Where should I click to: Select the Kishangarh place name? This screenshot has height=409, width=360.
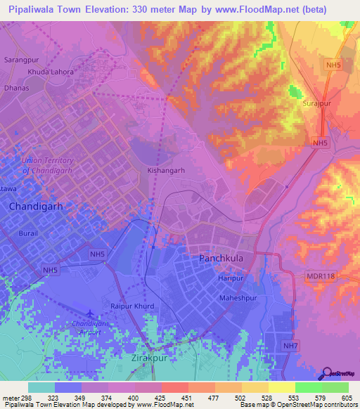[166, 170]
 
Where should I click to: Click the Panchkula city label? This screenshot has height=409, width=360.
[221, 259]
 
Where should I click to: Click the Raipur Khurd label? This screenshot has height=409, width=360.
[132, 306]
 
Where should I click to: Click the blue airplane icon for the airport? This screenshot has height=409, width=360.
[89, 314]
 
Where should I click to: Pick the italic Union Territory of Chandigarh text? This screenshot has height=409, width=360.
[48, 165]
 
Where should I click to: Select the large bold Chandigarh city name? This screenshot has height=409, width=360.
[37, 207]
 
